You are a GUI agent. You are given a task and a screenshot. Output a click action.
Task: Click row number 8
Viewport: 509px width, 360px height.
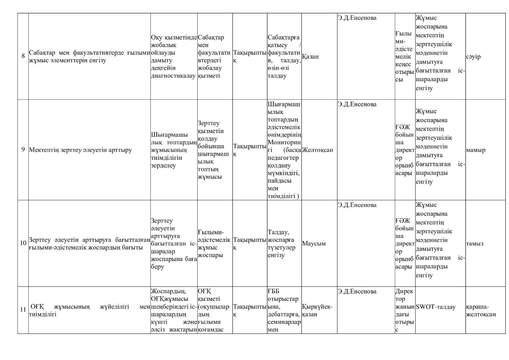23,56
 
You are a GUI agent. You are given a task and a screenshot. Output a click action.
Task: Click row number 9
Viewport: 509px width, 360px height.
23,150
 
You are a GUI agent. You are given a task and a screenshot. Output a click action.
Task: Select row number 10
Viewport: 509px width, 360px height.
23,243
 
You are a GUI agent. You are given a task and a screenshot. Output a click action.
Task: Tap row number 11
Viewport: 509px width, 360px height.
23,310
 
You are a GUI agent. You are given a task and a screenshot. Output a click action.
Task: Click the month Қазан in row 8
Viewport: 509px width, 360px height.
310,57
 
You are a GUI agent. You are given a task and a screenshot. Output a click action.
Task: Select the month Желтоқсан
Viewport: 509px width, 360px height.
317,150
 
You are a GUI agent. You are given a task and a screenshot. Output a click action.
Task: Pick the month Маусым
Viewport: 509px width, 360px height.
314,244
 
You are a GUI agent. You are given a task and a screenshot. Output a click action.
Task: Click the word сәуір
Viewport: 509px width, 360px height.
473,57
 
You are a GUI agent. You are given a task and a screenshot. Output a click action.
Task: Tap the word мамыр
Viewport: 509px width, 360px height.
476,150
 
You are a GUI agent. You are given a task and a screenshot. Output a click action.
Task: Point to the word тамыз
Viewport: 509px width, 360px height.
475,244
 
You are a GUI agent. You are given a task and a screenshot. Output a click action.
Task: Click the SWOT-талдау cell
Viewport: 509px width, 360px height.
436,307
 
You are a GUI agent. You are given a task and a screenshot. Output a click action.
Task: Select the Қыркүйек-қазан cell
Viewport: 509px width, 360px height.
317,310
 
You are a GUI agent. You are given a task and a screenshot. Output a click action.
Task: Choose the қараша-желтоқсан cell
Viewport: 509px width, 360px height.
481,310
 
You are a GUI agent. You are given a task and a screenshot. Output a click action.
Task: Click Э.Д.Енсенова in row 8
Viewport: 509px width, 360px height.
357,18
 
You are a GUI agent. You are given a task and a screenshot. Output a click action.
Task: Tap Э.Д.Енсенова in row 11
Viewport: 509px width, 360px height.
357,291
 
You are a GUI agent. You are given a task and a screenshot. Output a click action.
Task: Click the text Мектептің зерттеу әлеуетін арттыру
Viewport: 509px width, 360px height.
80,150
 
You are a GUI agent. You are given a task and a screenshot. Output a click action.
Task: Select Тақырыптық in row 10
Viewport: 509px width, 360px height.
250,243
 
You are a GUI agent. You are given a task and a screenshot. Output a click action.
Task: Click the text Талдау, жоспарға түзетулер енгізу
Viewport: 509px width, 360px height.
282,244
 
